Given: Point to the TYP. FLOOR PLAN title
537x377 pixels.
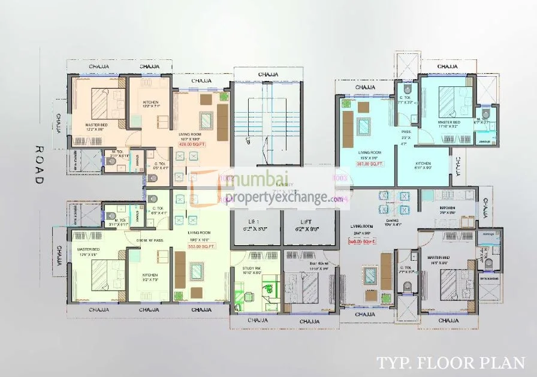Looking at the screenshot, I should coord(451,363).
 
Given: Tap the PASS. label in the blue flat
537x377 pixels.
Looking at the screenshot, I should coord(406,132).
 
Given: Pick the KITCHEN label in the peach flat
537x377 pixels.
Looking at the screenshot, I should coord(150,102).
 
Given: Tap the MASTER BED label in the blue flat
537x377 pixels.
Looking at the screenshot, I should coord(449,122).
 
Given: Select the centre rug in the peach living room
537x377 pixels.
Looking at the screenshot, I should coord(206,120).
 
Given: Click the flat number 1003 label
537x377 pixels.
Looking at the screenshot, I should coord(340,178).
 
